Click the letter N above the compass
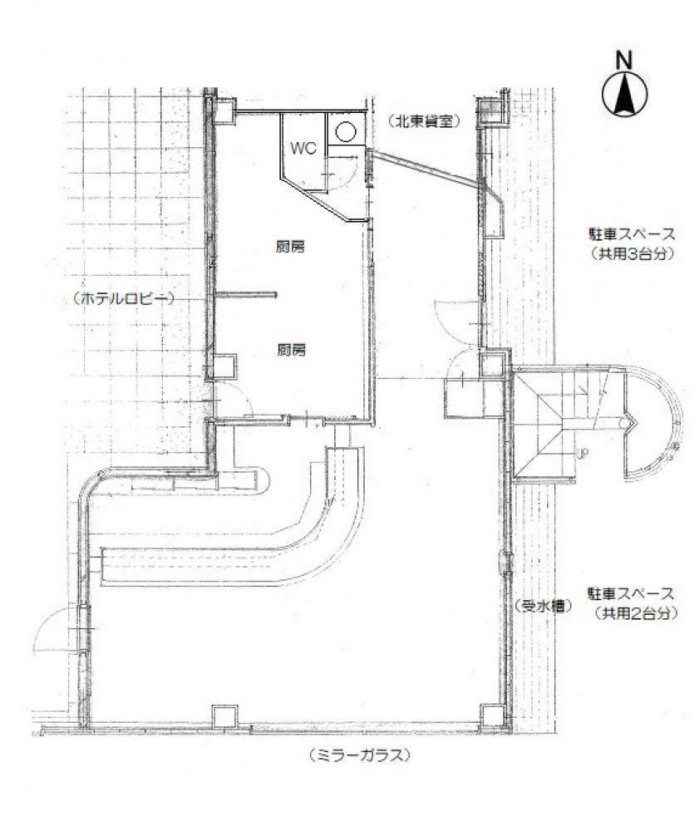coord(624,61)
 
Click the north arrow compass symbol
coord(625,95)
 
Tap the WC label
coord(303,148)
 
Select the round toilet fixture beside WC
coord(345,131)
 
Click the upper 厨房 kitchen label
coord(290,247)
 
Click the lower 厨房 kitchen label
coord(291,350)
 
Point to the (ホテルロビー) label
coord(124,299)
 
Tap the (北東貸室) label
coord(423,121)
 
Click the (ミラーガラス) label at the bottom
coord(359,755)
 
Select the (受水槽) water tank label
coord(543,606)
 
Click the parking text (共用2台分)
coord(636,613)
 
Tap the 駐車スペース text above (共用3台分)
coord(633,234)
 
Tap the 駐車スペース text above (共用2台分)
coord(630,593)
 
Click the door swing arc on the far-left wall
coord(49,621)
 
